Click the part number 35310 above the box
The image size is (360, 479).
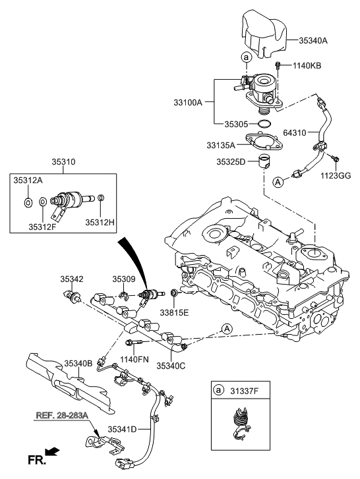[63, 159]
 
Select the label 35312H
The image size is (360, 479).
[99, 222]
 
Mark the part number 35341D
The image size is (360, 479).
[122, 429]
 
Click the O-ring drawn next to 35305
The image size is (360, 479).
[263, 123]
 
